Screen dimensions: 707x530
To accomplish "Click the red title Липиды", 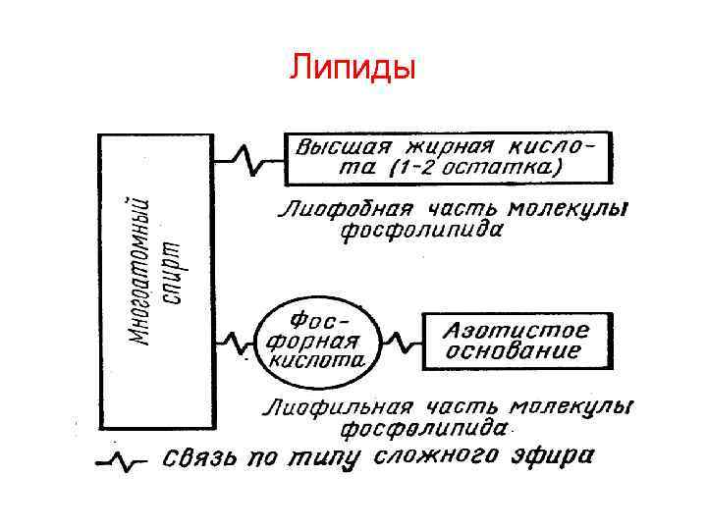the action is point(353,68).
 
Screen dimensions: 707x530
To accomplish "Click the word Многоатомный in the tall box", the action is point(144,270).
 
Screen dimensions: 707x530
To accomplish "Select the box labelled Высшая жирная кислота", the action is point(447,157).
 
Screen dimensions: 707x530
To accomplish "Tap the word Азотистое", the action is point(517,328).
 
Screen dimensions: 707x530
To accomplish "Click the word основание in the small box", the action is point(513,350).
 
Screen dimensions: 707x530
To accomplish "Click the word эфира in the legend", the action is point(557,456).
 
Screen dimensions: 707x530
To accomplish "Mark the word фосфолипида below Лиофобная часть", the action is point(422,232).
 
